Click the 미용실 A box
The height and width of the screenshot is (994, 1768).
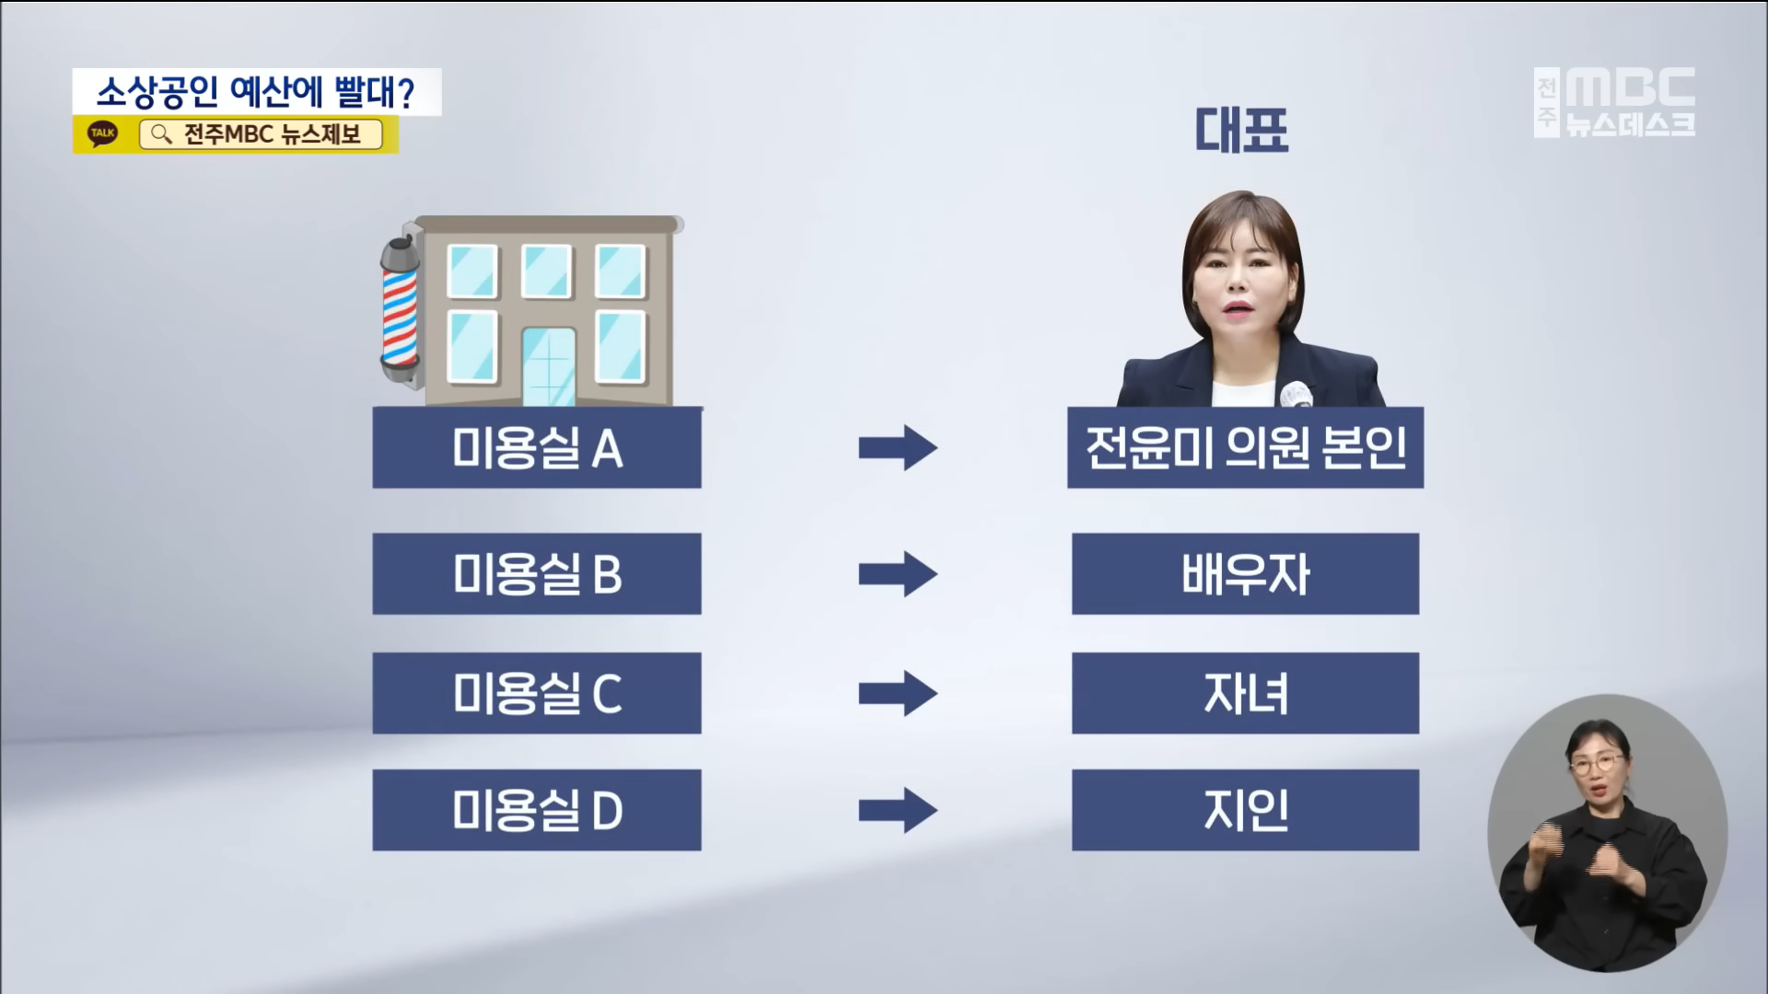pos(537,448)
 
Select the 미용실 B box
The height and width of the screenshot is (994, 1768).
pos(537,573)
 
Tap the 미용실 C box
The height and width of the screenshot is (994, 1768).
pos(537,693)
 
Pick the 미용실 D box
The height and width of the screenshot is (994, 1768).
pos(537,810)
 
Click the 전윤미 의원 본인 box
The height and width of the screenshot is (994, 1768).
pos(1245,448)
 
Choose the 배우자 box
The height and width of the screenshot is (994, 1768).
pos(1245,573)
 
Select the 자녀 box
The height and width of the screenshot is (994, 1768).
pos(1245,693)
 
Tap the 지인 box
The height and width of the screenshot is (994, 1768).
pos(1245,810)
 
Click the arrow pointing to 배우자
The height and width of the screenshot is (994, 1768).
pos(898,573)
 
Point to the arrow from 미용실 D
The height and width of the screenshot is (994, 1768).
pos(898,810)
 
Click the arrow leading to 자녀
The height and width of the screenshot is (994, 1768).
pos(898,693)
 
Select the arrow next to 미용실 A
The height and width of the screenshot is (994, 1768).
pos(898,448)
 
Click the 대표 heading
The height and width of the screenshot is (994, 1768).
pos(1241,130)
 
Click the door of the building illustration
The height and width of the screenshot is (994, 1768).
pos(548,366)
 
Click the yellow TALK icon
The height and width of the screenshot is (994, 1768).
pos(103,133)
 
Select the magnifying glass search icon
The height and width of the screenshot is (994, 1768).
pos(161,134)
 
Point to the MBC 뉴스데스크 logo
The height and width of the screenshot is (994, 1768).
pos(1616,102)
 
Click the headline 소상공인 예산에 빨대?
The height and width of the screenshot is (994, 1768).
pos(256,92)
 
